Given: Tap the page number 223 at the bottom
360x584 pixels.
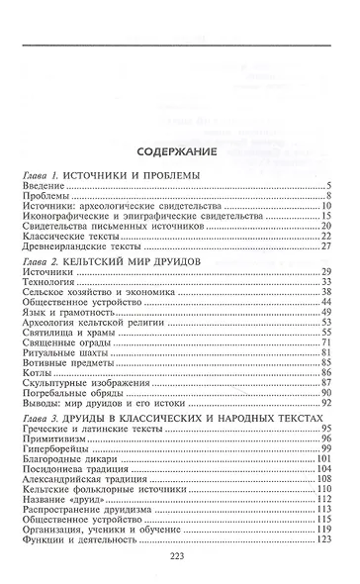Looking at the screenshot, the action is point(179,556).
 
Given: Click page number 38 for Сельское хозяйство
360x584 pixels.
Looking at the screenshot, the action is point(324,294).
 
